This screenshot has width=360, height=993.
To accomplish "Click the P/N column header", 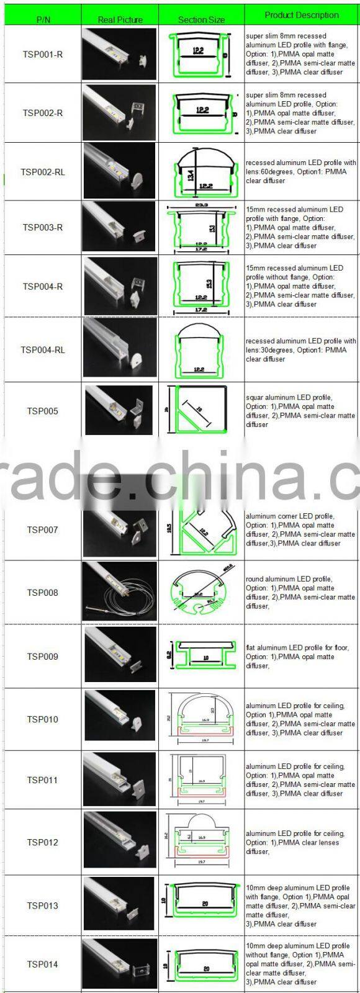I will click(x=43, y=19).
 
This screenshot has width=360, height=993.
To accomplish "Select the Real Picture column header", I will click(x=120, y=19).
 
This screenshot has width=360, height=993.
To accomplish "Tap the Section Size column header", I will click(x=201, y=19).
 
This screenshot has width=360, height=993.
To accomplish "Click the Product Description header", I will click(x=302, y=15).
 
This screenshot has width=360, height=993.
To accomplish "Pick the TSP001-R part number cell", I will click(x=43, y=55).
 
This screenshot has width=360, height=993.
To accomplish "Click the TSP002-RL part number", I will click(x=43, y=172).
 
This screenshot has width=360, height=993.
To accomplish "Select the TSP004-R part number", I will click(x=43, y=286).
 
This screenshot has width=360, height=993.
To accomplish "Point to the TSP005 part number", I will click(x=43, y=411).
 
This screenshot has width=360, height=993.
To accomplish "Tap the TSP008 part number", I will click(x=43, y=593).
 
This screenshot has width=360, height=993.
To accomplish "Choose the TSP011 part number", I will click(x=43, y=780).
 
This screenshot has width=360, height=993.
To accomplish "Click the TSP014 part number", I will click(x=43, y=964).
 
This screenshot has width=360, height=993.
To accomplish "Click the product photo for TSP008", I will click(x=120, y=593).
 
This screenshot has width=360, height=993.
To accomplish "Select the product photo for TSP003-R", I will click(x=120, y=227).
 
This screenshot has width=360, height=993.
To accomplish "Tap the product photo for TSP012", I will click(x=120, y=842).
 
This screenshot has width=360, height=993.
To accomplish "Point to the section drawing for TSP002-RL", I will click(x=202, y=172).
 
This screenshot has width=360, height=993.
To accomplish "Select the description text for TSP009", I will click(x=300, y=657).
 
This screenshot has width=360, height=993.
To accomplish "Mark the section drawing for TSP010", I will click(x=201, y=720).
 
